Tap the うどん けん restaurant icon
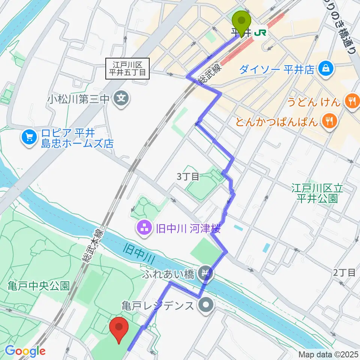coord(351,100)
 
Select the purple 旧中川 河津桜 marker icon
coord(145,227)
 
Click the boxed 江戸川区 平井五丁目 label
coord(128,69)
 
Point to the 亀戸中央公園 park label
coord(39,286)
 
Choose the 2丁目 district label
coord(344,273)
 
